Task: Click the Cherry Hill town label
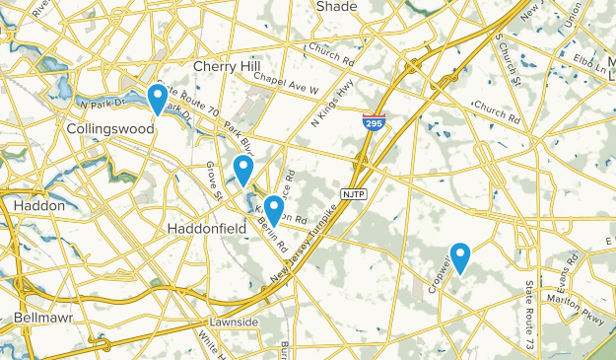[x=228, y=66]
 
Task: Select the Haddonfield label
[x=203, y=227]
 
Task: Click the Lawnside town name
[x=234, y=323]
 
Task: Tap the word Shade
[x=337, y=7]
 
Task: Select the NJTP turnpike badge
[x=355, y=193]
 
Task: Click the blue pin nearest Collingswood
[x=157, y=99]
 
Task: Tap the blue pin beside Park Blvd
[x=243, y=170]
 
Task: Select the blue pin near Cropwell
[x=459, y=257]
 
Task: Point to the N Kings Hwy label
[x=330, y=107]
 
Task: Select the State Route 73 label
[x=529, y=316]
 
